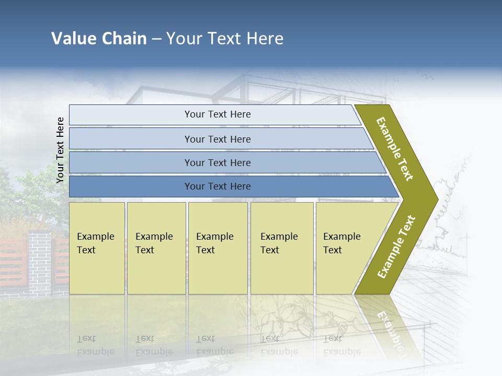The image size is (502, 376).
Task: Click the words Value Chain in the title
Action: [99, 39]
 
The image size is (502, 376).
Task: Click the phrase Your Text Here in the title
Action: [225, 39]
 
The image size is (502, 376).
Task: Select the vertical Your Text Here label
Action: [60, 150]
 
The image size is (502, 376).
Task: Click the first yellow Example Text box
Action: [97, 248]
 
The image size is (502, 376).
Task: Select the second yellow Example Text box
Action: [156, 248]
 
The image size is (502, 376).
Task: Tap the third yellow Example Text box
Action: [218, 248]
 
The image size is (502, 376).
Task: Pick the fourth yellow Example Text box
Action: [281, 248]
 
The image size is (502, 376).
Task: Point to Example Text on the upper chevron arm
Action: [395, 148]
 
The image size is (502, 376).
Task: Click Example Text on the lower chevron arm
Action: [396, 246]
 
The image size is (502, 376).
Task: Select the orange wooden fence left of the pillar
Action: [13, 264]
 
